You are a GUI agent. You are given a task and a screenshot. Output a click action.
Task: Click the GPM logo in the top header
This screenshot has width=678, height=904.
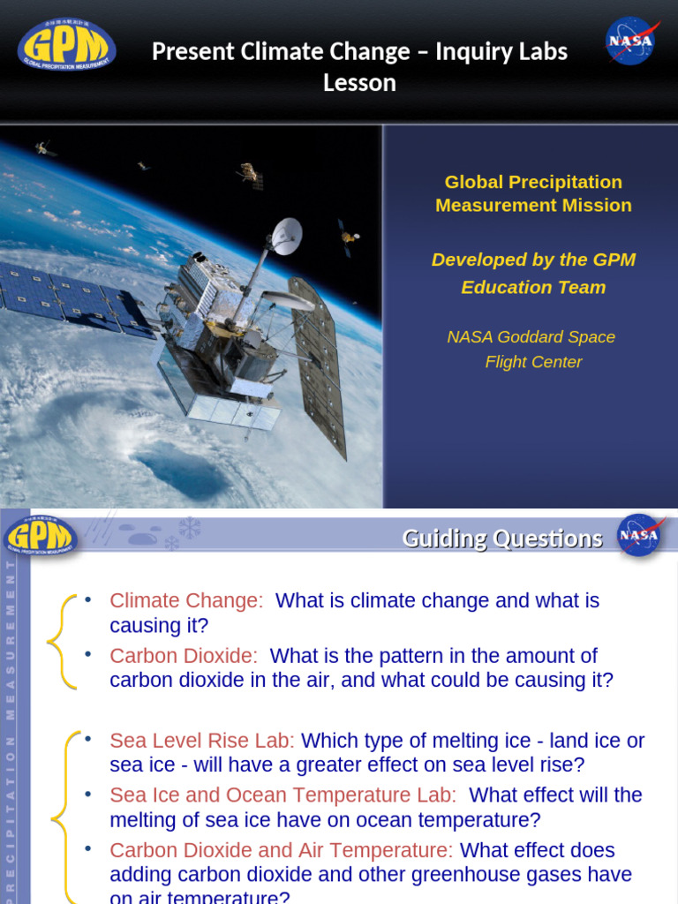(67, 45)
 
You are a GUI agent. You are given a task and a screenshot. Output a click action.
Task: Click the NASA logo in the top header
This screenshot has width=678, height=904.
(631, 41)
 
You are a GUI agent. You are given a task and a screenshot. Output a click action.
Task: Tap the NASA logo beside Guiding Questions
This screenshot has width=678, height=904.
(638, 535)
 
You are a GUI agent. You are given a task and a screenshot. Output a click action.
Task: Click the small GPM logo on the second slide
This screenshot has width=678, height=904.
(41, 536)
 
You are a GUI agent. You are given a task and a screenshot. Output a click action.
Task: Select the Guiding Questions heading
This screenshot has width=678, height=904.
(502, 538)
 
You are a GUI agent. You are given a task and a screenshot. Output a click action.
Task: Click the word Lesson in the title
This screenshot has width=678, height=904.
(359, 83)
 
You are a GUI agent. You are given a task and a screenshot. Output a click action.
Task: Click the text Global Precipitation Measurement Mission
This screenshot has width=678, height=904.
(533, 193)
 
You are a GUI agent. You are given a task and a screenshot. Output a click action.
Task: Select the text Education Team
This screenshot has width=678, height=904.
(533, 287)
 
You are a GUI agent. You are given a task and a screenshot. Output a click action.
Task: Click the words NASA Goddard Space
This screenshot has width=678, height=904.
(531, 336)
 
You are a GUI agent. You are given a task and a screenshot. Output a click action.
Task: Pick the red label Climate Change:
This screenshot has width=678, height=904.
(186, 600)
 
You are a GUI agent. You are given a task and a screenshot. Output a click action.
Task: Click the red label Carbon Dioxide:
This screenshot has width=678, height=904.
(184, 656)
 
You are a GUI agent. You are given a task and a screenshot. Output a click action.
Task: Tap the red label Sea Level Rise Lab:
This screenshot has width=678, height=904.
(202, 740)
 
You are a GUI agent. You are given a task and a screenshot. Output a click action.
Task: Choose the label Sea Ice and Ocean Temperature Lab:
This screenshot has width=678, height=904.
(282, 795)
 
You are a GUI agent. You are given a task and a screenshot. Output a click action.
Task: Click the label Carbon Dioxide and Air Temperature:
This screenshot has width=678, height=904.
(281, 850)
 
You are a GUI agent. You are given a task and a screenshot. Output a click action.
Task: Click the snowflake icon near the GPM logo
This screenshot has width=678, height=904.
(189, 527)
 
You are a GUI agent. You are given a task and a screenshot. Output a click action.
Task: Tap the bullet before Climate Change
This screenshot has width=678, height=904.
(88, 599)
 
